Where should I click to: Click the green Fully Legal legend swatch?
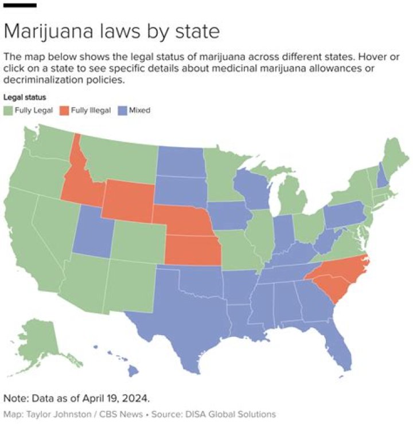pos(8,110)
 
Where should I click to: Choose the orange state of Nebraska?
pos(184,221)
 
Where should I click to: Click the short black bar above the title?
pos(20,5)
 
